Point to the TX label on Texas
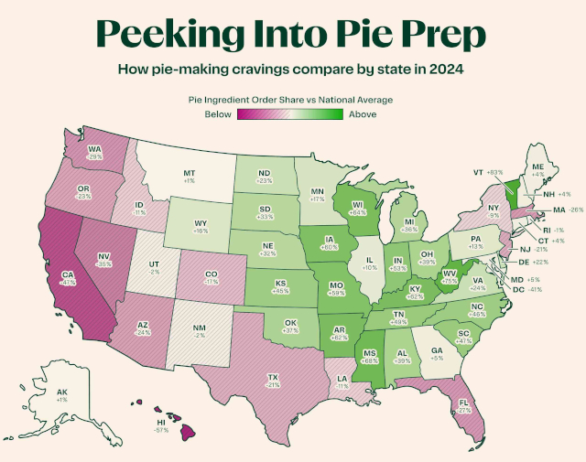[x=273, y=376]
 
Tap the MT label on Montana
[x=190, y=172]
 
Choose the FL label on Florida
[x=465, y=401]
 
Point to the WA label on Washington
[x=94, y=149]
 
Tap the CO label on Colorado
[x=212, y=272]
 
